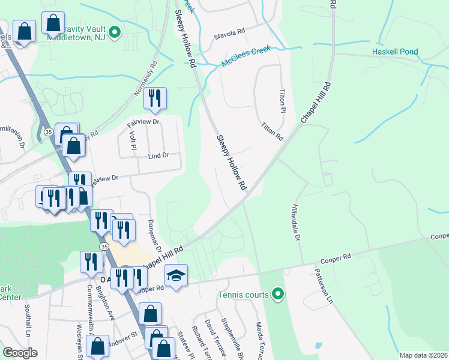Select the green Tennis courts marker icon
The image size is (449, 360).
(x=277, y=293)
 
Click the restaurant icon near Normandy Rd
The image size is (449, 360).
(x=155, y=97)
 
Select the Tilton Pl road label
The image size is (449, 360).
(x=282, y=102)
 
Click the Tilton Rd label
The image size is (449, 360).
(x=272, y=131)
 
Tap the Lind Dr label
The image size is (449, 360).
(x=158, y=155)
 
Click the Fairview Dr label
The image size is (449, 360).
(x=142, y=122)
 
